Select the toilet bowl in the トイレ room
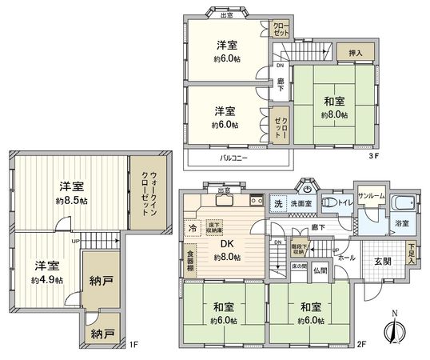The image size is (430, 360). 328,204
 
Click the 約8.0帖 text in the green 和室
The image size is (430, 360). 334,114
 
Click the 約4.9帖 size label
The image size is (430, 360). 46,280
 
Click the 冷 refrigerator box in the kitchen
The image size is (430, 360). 192,228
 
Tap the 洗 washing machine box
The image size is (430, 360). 277,203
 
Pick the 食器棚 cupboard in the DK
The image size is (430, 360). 190,259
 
